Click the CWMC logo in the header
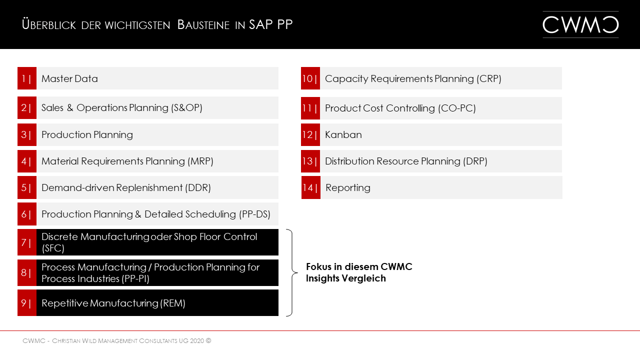pos(580,24)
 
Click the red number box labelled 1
pos(26,78)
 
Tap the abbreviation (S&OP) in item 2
pos(186,108)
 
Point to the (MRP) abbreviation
pos(200,161)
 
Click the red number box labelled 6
pos(26,214)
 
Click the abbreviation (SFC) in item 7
pos(53,248)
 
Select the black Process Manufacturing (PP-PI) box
pos(157,273)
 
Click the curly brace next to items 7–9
pos(290,272)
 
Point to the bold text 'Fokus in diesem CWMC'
pos(359,267)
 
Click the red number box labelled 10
pos(310,78)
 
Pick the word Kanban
pos(343,135)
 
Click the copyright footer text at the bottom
pos(117,341)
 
